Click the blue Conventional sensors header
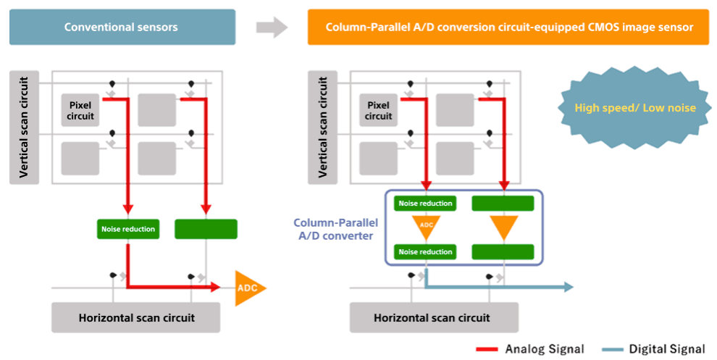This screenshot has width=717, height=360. coord(122,27)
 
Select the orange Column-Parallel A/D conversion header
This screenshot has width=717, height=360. coord(508,27)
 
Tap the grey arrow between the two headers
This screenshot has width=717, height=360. coord(272,28)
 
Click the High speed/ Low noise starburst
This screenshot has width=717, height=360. coord(634,108)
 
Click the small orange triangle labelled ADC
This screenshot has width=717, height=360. coord(426,226)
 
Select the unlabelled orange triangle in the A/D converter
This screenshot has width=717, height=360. coord(503,227)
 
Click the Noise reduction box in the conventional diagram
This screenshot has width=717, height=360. coord(128,229)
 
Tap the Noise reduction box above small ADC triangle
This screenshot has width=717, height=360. coord(425,204)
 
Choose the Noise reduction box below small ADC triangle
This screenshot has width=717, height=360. coord(425,252)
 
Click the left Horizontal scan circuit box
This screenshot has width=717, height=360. coord(136,317)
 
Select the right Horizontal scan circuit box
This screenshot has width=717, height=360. coord(434,317)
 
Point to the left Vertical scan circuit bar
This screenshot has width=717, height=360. coord(24,127)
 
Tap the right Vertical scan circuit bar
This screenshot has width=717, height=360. coord(322,127)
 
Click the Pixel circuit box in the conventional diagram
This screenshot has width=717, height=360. coord(80,110)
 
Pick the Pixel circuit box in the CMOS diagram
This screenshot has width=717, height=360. coord(378,110)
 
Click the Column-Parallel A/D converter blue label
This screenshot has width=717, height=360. coord(335,229)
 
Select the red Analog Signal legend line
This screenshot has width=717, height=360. coord(487,349)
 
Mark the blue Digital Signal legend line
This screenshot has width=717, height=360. coord(613,349)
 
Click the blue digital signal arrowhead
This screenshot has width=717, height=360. coord(569,288)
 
